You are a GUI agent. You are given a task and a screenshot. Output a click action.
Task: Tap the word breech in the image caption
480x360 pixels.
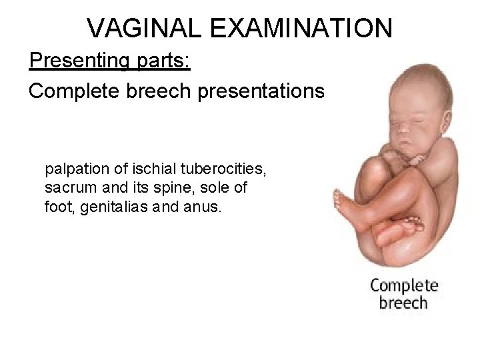pos(403,304)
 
